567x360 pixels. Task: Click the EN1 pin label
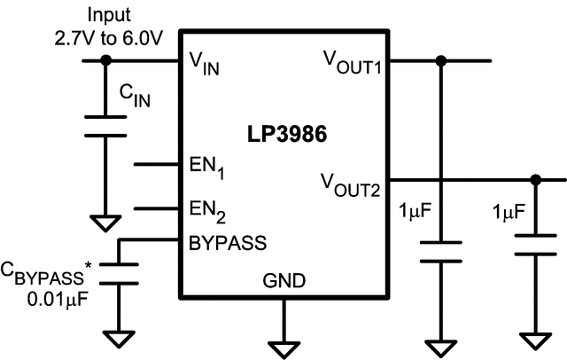208,166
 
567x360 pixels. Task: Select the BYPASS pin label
228,240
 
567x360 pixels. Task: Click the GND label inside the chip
283,282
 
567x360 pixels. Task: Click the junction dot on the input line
105,60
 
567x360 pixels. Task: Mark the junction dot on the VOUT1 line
441,60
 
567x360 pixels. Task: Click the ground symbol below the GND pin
283,340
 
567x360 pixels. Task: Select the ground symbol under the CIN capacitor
105,223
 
